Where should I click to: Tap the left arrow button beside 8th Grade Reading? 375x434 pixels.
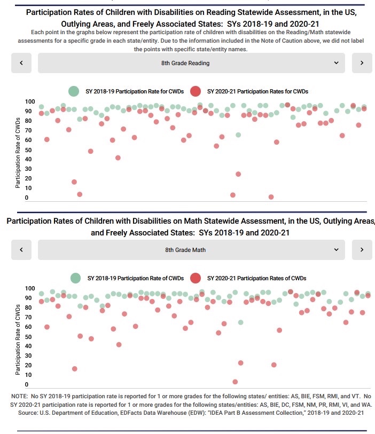[21, 63]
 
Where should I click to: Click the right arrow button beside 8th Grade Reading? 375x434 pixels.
[362, 63]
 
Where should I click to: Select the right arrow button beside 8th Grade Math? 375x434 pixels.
[362, 249]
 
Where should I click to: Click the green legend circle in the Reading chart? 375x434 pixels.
[75, 91]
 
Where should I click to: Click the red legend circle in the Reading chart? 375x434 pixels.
[196, 91]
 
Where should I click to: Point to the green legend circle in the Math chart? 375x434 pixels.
[76, 278]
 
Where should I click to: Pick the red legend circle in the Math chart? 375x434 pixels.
[196, 278]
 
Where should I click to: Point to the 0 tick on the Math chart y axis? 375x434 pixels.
[26, 385]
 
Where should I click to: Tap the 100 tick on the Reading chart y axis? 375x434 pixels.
[30, 102]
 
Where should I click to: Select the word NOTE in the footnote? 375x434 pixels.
[19, 397]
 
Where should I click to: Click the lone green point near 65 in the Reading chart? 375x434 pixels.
[238, 135]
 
